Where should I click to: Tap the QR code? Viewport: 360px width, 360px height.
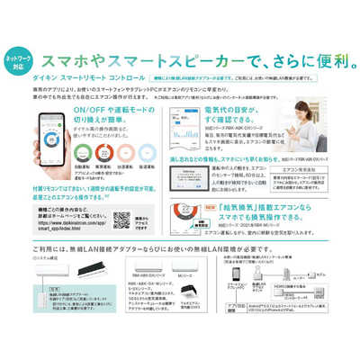pyautogui.click(x=121, y=221)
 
